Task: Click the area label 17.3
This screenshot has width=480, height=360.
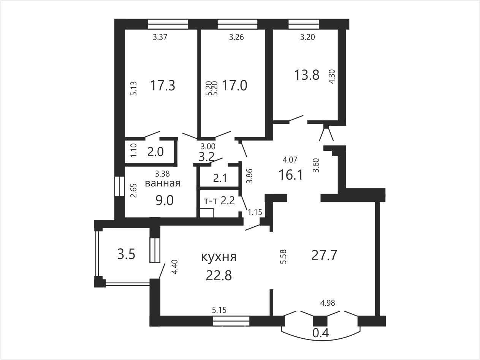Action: [x=163, y=85]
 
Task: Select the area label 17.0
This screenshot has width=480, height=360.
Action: [x=234, y=85]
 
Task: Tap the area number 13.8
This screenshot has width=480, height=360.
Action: [x=307, y=75]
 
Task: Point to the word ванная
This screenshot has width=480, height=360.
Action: [x=163, y=183]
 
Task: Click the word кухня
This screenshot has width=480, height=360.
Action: [x=219, y=257]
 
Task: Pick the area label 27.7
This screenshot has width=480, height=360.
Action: [x=324, y=256]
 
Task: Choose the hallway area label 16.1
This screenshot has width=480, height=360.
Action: [x=291, y=175]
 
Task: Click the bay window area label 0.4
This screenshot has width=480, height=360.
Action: [x=321, y=333]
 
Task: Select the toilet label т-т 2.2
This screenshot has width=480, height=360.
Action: [x=219, y=201]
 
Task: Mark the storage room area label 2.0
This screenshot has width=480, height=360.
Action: [x=155, y=152]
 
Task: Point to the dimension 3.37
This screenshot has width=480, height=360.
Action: [x=160, y=37]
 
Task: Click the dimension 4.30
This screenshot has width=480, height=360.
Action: [x=332, y=76]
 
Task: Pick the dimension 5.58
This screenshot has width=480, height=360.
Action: [x=283, y=257]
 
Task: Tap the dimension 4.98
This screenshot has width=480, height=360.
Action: [x=328, y=303]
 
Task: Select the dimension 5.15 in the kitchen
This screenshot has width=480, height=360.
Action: [x=219, y=310]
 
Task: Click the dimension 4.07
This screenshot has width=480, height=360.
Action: [x=290, y=160]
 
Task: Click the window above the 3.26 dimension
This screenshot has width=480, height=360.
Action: [x=238, y=24]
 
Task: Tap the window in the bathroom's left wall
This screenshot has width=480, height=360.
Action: [x=120, y=186]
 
